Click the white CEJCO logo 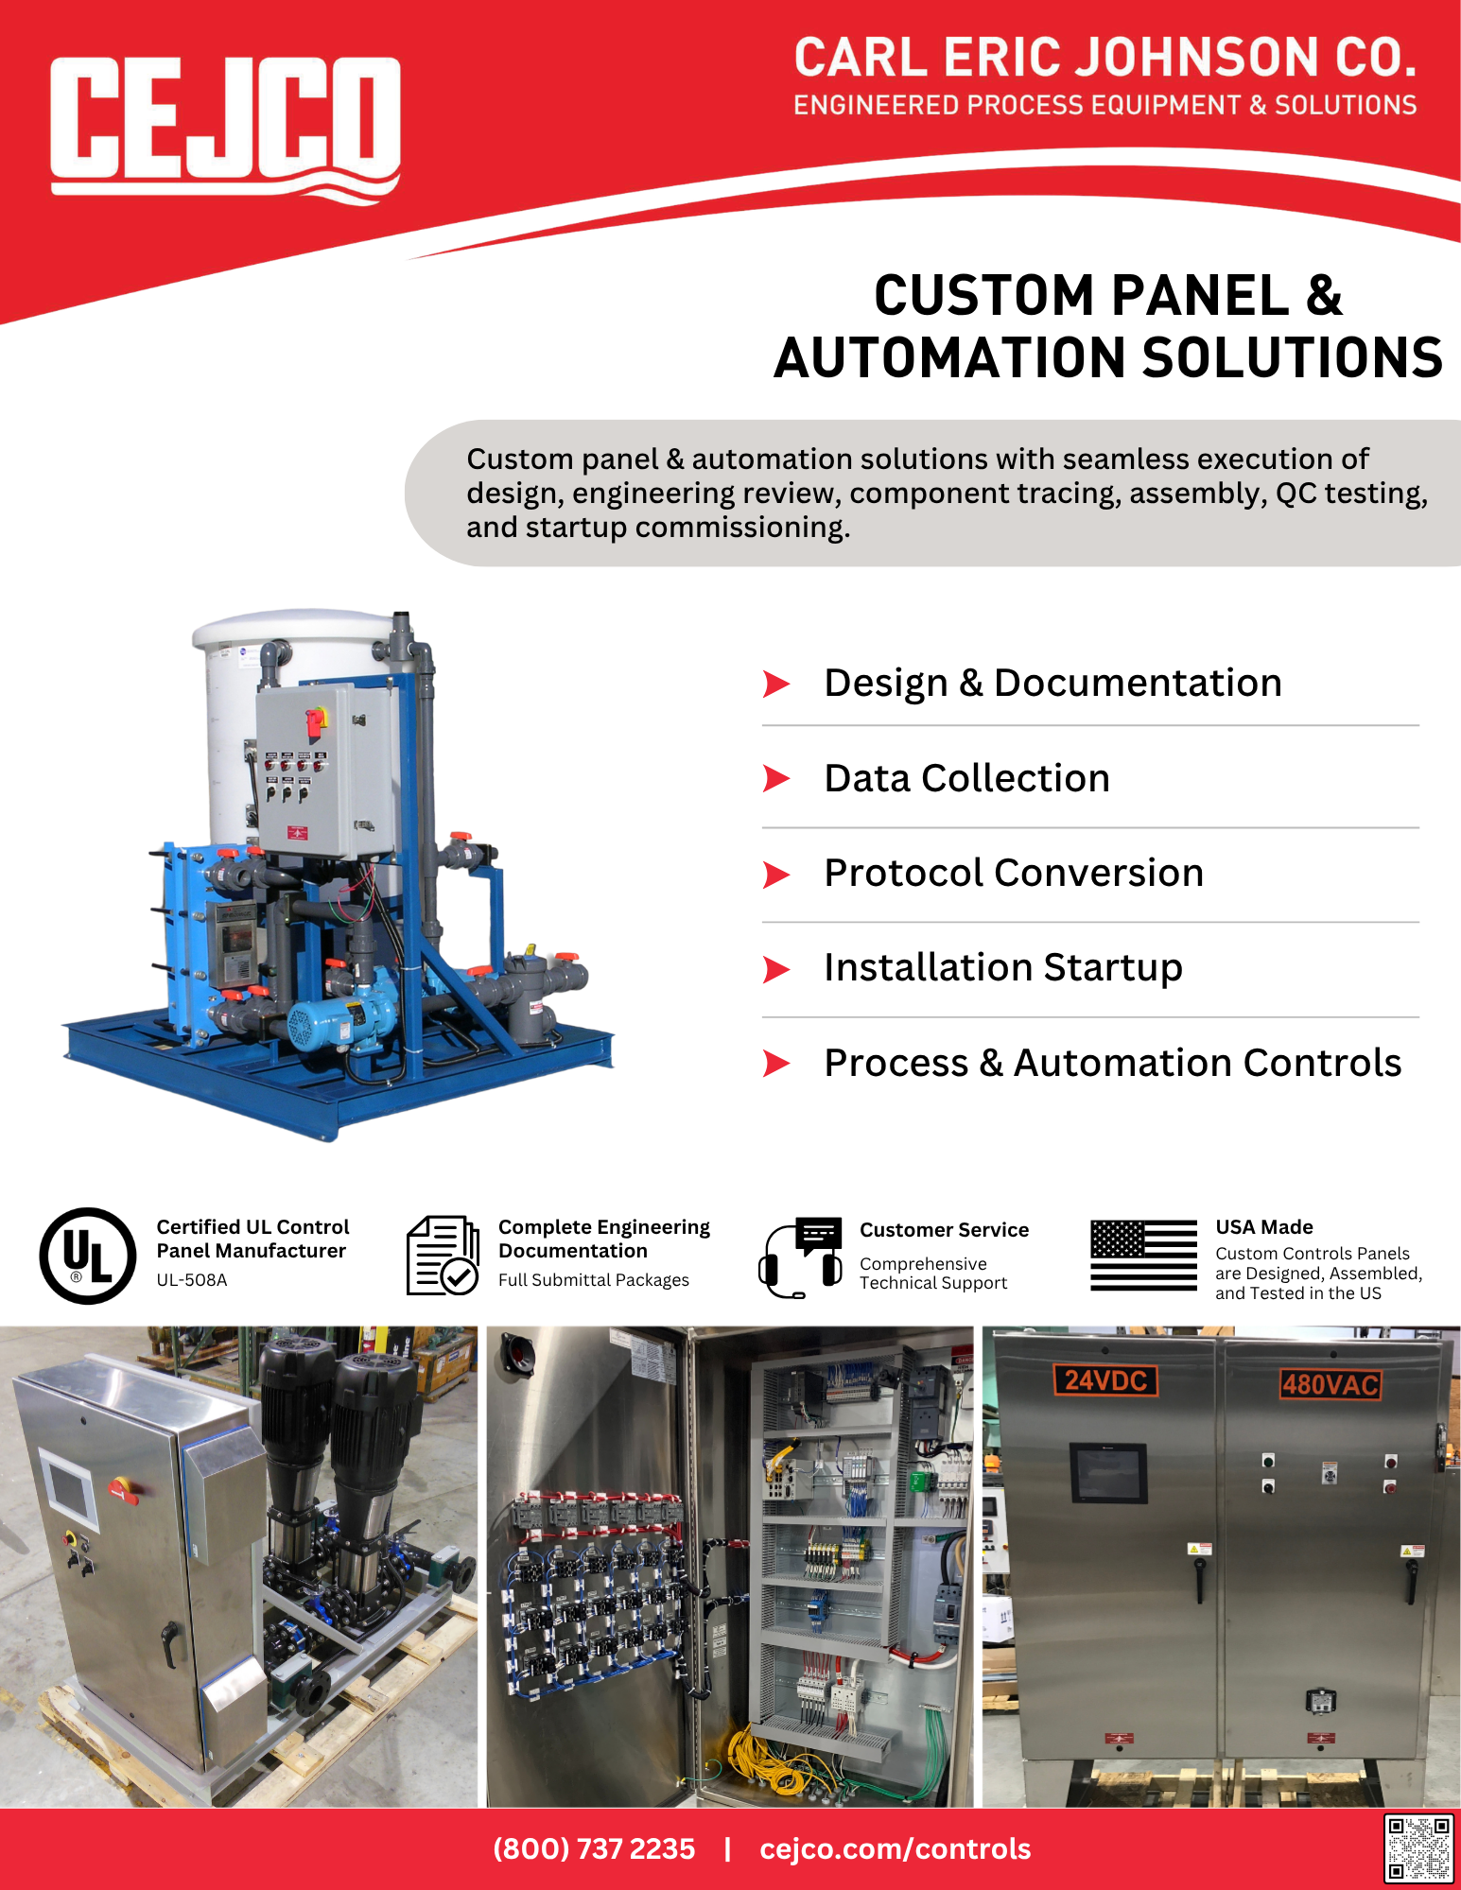pyautogui.click(x=225, y=128)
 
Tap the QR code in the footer pyautogui.click(x=1418, y=1847)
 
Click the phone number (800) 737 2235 pyautogui.click(x=594, y=1848)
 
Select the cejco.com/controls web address pyautogui.click(x=896, y=1848)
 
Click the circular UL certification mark pyautogui.click(x=88, y=1256)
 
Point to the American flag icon pyautogui.click(x=1143, y=1255)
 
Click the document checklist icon pyautogui.click(x=443, y=1256)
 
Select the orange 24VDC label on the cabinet pyautogui.click(x=1105, y=1380)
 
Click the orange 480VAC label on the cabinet pyautogui.click(x=1330, y=1385)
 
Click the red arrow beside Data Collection pyautogui.click(x=776, y=778)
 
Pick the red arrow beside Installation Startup pyautogui.click(x=776, y=969)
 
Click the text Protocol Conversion pyautogui.click(x=1014, y=873)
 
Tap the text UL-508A pyautogui.click(x=192, y=1280)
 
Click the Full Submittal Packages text pyautogui.click(x=594, y=1280)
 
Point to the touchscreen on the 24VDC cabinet pyautogui.click(x=1108, y=1472)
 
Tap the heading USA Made pyautogui.click(x=1264, y=1227)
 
